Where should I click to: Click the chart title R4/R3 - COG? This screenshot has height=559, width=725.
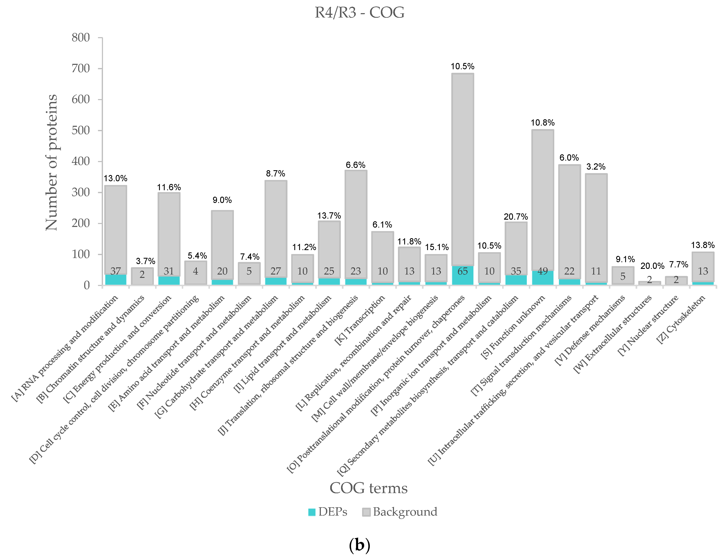tap(360, 13)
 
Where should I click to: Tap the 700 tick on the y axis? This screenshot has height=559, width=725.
tap(81, 68)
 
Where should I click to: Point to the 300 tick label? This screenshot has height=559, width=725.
tap(81, 192)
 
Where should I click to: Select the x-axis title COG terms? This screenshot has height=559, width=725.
tap(369, 488)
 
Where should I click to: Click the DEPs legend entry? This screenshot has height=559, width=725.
tap(328, 512)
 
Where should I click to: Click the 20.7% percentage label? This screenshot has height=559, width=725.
tap(516, 217)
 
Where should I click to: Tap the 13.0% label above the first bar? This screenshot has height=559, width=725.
tap(115, 178)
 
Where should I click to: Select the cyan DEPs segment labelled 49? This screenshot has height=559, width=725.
tap(543, 277)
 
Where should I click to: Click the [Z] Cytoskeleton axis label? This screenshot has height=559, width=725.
tap(681, 319)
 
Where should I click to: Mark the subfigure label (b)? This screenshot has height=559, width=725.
tap(360, 545)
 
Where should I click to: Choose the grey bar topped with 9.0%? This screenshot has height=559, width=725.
tap(222, 245)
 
